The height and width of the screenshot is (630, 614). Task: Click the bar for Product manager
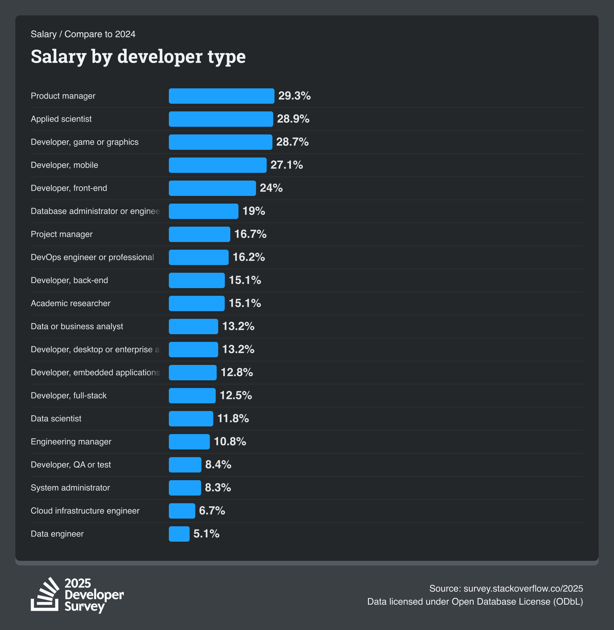221,96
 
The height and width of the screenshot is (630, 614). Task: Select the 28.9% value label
293,119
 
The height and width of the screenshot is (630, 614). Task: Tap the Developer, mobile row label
64,165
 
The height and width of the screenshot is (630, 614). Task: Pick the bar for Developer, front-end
212,188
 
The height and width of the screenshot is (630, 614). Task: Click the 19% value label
254,211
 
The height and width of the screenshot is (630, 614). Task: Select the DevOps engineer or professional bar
198,257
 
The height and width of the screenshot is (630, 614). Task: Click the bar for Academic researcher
196,303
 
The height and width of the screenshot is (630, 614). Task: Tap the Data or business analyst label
77,326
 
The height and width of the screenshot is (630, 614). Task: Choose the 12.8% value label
236,372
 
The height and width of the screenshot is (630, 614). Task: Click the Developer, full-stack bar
192,395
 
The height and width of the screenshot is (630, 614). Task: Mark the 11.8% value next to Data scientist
233,419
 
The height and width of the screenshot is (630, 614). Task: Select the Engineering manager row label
71,442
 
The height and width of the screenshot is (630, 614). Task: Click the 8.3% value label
218,488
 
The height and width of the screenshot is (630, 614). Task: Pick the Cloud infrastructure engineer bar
182,511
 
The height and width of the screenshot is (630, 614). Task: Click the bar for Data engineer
179,534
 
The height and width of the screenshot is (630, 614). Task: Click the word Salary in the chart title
58,57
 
